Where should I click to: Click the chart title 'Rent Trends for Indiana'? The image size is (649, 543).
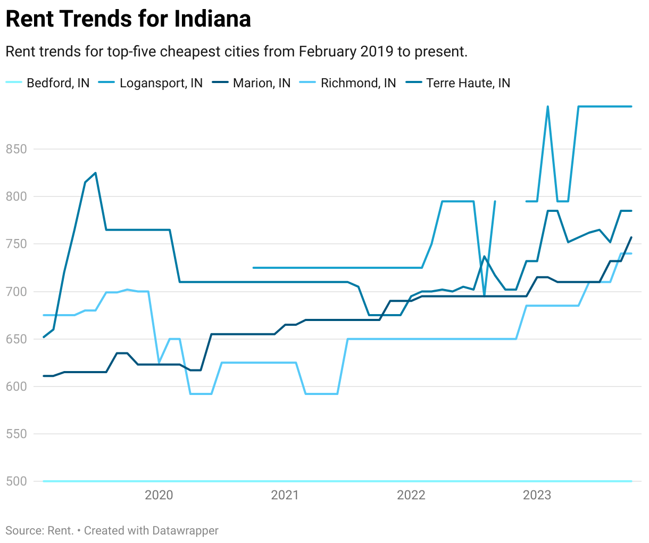[128, 19]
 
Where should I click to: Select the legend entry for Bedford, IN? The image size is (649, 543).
[57, 83]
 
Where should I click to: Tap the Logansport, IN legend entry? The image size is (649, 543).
[161, 83]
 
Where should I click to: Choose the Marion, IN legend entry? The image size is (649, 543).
[261, 83]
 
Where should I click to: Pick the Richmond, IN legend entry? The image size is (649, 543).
[358, 83]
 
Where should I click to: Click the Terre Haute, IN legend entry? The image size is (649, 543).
[468, 83]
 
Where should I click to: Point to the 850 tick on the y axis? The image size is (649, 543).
[16, 149]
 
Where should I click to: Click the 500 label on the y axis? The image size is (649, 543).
[16, 481]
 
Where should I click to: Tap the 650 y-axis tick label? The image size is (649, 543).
[16, 339]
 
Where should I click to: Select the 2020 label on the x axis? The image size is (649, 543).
[159, 496]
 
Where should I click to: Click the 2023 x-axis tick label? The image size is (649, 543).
[537, 496]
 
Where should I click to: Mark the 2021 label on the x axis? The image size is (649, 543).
[285, 496]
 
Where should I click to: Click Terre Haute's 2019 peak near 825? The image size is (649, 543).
[95, 173]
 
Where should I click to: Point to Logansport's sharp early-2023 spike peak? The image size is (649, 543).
[547, 107]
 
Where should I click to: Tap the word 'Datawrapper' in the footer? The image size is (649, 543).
[185, 531]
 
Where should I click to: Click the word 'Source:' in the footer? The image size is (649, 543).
[24, 531]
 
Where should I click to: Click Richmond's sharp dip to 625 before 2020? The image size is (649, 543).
[159, 363]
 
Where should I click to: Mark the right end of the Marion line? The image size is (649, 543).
[631, 237]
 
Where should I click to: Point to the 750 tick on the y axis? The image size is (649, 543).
[16, 244]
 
